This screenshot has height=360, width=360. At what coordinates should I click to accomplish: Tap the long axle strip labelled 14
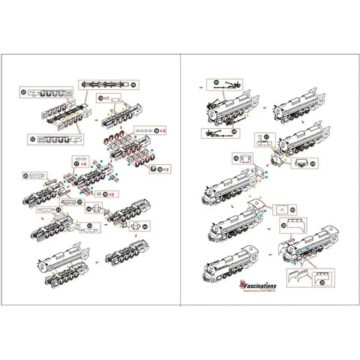pyautogui.click(x=105, y=85)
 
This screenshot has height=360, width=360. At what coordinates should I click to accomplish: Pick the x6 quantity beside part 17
pyautogui.click(x=85, y=161)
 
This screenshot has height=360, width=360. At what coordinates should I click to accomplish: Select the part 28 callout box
pyautogui.click(x=244, y=160)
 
